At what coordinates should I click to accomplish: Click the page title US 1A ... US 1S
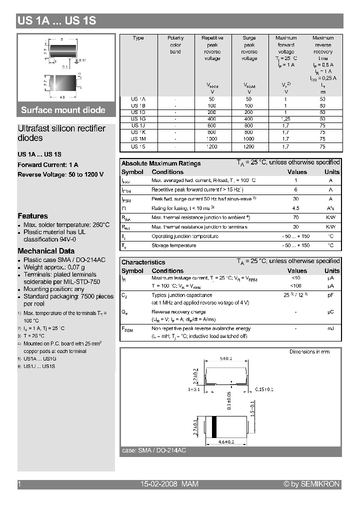coord(56,21)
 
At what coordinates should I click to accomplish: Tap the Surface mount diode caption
coord(63,110)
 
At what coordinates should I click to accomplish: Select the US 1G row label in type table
coord(138,119)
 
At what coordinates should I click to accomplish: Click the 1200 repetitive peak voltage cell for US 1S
coord(212,147)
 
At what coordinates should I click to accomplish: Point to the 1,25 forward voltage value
coord(286,119)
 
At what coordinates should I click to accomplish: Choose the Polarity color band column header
coord(175,44)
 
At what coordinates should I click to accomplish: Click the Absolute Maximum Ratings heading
coord(161,163)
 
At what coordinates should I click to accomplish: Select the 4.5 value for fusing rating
coord(295,208)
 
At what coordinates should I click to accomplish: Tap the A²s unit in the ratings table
coord(330,208)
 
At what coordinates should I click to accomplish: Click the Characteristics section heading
coord(143,262)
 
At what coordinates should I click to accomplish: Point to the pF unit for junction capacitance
coord(330,295)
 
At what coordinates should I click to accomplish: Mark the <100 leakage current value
coord(295,286)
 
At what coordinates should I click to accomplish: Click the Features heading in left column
coord(32,216)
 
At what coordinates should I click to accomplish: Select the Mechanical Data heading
coord(46,251)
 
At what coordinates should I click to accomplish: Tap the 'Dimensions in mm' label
coord(309,352)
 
